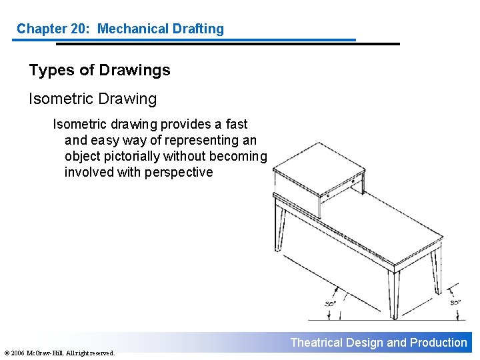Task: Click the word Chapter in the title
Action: pyautogui.click(x=41, y=29)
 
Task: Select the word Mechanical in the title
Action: pyautogui.click(x=133, y=29)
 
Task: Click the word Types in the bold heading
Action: pyautogui.click(x=52, y=71)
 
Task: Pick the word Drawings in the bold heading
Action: pyautogui.click(x=135, y=71)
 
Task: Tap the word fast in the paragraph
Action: pyautogui.click(x=236, y=124)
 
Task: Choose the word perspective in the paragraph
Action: pyautogui.click(x=179, y=173)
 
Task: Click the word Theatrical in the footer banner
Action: pyautogui.click(x=316, y=343)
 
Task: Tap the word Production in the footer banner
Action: pyautogui.click(x=439, y=343)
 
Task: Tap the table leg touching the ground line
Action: pyautogui.click(x=394, y=294)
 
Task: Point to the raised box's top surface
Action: pyautogui.click(x=319, y=169)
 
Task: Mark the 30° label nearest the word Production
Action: pyautogui.click(x=455, y=303)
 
